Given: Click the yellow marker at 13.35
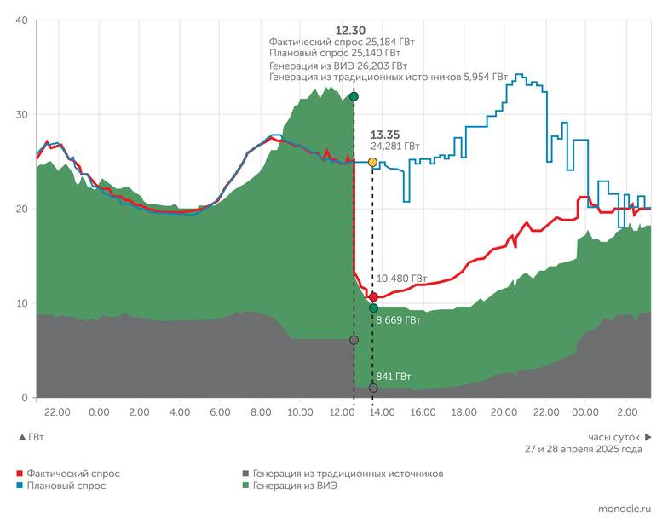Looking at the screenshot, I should click(372, 162).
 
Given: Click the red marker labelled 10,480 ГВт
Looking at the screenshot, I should click(373, 296).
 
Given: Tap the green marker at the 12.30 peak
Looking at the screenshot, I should click(354, 97).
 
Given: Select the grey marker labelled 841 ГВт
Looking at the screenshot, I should click(373, 388).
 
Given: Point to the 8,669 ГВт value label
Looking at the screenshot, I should click(400, 321).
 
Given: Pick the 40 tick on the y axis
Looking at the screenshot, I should click(22, 20).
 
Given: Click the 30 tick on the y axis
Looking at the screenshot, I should click(22, 115).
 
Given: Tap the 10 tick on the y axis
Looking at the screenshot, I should click(22, 303).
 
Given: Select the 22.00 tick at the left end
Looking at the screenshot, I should click(57, 412).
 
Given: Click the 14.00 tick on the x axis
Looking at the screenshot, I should click(382, 412).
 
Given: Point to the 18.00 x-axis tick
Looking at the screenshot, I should click(463, 412).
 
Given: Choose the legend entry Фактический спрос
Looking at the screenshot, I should click(72, 473).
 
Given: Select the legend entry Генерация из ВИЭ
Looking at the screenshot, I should click(295, 486).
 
